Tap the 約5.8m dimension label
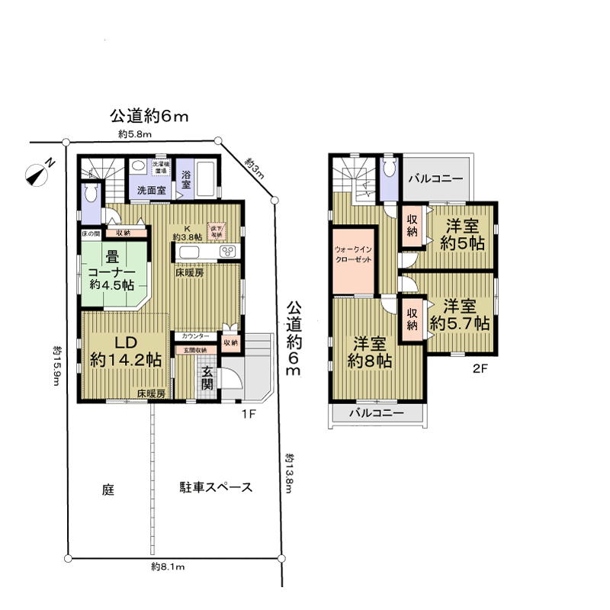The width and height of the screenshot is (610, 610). [136, 134]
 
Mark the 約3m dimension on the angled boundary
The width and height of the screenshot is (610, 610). [255, 167]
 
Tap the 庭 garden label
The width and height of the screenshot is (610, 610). [108, 489]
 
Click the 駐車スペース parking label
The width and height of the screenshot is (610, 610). [205, 488]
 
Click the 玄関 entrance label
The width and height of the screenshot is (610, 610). [208, 377]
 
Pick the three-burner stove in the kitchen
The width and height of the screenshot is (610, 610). [228, 252]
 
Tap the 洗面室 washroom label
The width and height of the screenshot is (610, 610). [152, 189]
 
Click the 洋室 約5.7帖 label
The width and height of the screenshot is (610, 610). [459, 314]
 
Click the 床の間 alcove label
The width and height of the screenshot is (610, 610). [91, 233]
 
